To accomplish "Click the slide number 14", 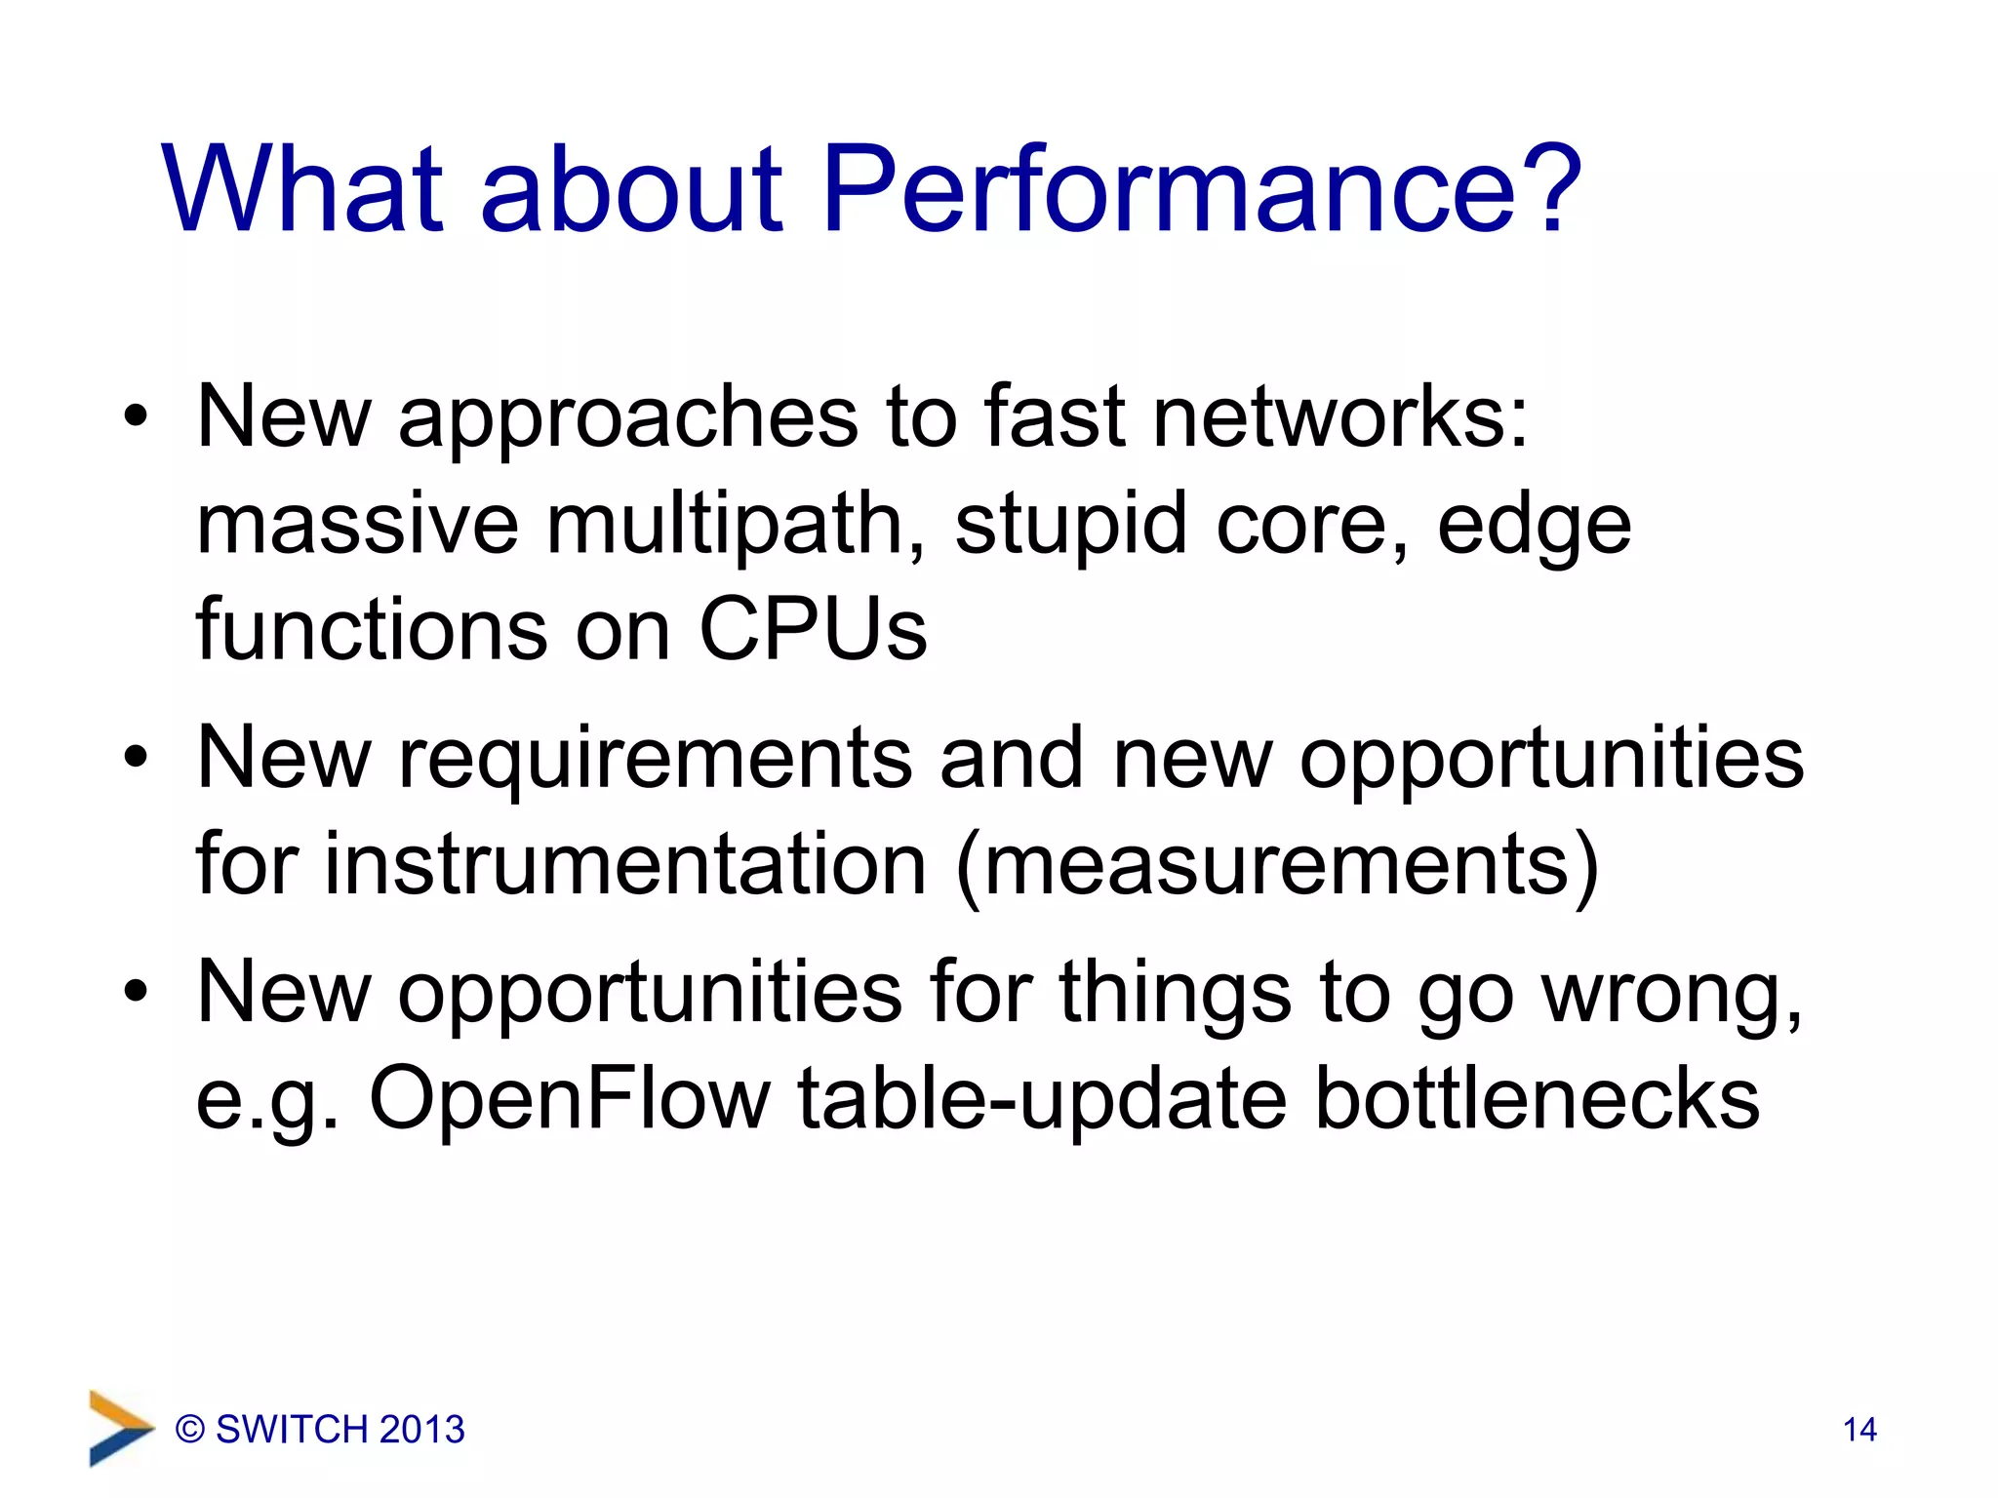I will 1859,1430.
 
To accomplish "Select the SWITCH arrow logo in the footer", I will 119,1428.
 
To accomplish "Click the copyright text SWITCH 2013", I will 320,1430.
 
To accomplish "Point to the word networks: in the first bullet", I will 1340,417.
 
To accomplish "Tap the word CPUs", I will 813,630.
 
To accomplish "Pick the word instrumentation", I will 624,866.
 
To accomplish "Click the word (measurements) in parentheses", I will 1278,866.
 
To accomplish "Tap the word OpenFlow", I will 570,1100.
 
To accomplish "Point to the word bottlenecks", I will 1538,1100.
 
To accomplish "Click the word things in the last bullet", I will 1175,993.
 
